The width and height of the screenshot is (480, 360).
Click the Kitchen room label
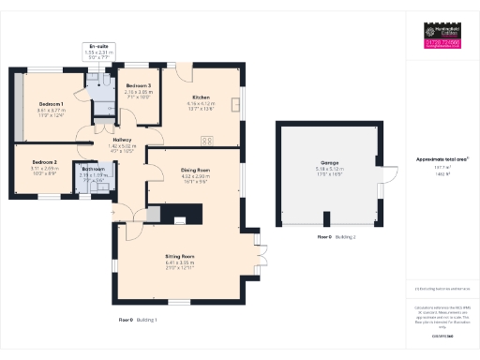coord(200,97)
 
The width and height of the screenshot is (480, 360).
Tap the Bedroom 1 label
coord(51,103)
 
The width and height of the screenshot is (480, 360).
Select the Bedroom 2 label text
coord(44,161)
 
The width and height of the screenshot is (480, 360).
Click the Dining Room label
coord(195,170)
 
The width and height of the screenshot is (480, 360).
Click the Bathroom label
coord(93,169)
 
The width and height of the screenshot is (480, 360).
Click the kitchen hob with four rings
coord(206,141)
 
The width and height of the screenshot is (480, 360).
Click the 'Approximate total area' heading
coord(442,159)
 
